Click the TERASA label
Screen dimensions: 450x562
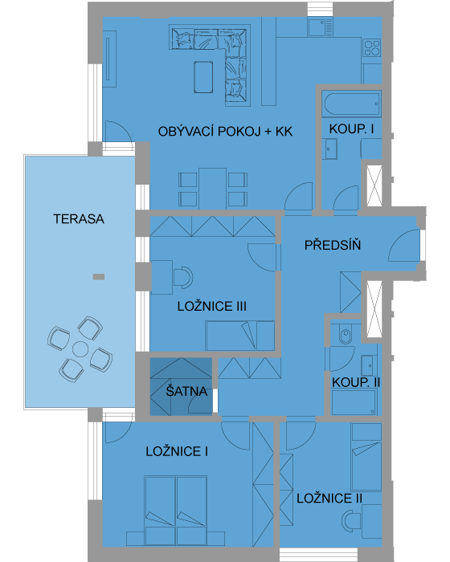click(x=79, y=218)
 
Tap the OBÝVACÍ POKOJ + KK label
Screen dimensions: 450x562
click(x=225, y=132)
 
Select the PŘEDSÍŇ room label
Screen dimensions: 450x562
click(x=333, y=245)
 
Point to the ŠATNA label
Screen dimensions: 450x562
click(x=186, y=391)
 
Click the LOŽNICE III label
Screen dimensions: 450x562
click(x=212, y=306)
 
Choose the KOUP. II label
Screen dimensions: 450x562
click(x=356, y=382)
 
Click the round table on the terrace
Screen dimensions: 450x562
click(x=80, y=349)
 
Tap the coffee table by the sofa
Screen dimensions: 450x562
click(x=203, y=77)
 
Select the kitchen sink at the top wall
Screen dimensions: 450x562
click(x=320, y=27)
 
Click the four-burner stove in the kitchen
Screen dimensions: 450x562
click(x=372, y=47)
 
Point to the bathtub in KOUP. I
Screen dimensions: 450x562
click(x=351, y=104)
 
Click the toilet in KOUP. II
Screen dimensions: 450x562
click(x=346, y=334)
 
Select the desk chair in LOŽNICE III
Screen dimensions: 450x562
click(x=183, y=277)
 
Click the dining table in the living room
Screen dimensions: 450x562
click(x=212, y=189)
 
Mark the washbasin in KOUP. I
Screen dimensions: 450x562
click(x=331, y=149)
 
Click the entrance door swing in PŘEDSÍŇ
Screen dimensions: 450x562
click(x=404, y=246)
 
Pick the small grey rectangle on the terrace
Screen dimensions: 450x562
click(x=99, y=277)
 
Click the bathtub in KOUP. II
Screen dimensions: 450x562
click(x=354, y=402)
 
